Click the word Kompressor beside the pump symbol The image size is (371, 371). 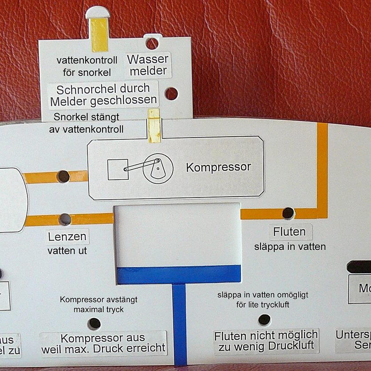pyautogui.click(x=218, y=167)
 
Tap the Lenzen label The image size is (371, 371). pyautogui.click(x=68, y=236)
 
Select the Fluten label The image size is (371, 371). pyautogui.click(x=289, y=232)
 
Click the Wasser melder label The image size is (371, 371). pyautogui.click(x=147, y=65)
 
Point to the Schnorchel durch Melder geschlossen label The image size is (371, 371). pyautogui.click(x=103, y=95)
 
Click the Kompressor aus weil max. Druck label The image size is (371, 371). pyautogui.click(x=103, y=343)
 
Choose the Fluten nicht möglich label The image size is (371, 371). pyautogui.click(x=266, y=340)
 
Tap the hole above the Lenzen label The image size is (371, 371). pyautogui.click(x=65, y=219)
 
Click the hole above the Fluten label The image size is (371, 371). pyautogui.click(x=288, y=213)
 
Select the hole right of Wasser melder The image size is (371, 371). pyautogui.click(x=171, y=94)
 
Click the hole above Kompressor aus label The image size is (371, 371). pyautogui.click(x=94, y=324)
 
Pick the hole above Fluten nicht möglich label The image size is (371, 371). pyautogui.click(x=264, y=319)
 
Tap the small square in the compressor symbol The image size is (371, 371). pyautogui.click(x=118, y=169)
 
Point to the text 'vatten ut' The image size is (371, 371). pyautogui.click(x=67, y=251)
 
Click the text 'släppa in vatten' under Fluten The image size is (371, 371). pyautogui.click(x=290, y=246)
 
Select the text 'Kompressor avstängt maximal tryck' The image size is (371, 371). pyautogui.click(x=99, y=304)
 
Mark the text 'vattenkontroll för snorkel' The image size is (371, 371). pyautogui.click(x=87, y=66)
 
